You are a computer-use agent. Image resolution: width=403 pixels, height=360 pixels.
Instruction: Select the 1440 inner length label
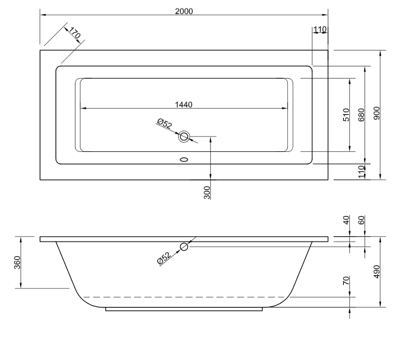click(x=183, y=104)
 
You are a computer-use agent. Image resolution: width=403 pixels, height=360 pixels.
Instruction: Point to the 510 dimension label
click(x=346, y=115)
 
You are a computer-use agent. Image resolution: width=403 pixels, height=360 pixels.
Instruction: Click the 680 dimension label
click(x=362, y=115)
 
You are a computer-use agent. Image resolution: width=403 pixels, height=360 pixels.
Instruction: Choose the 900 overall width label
click(x=377, y=113)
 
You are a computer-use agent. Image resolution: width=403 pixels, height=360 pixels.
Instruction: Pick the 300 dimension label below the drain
click(x=206, y=193)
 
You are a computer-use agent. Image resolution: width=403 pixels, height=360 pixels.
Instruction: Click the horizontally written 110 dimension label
click(x=320, y=29)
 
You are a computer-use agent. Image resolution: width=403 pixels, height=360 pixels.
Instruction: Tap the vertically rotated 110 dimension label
click(x=361, y=172)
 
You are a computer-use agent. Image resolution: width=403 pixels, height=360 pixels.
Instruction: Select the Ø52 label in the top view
click(x=164, y=124)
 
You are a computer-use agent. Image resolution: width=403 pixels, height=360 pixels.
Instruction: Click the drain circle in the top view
click(x=184, y=136)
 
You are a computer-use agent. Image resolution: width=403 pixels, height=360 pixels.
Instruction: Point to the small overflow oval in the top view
click(x=184, y=161)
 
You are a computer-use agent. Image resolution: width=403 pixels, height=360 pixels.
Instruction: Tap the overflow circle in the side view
click(x=184, y=247)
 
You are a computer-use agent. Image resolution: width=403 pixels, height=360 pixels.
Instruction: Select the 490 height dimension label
click(x=377, y=272)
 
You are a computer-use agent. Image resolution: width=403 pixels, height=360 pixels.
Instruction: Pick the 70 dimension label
click(x=346, y=282)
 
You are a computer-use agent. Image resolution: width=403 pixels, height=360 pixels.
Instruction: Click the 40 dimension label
click(x=346, y=220)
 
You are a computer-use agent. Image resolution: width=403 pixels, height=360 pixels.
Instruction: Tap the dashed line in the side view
click(x=183, y=297)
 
